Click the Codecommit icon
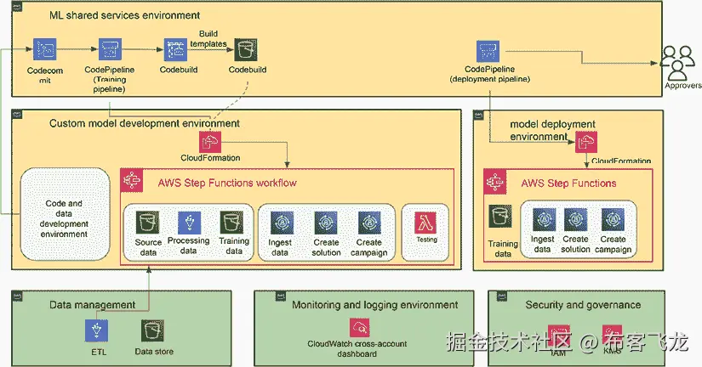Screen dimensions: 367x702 pos(45,49)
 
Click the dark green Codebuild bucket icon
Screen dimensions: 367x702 pos(247,49)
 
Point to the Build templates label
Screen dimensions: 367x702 pos(208,38)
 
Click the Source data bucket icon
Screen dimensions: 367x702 pos(148,223)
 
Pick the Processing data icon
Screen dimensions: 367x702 pos(188,223)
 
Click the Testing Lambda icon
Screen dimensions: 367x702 pos(426,223)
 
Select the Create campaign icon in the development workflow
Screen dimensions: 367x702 pos(371,223)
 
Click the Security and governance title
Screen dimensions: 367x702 pos(583,305)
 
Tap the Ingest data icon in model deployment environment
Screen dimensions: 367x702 pos(543,219)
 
